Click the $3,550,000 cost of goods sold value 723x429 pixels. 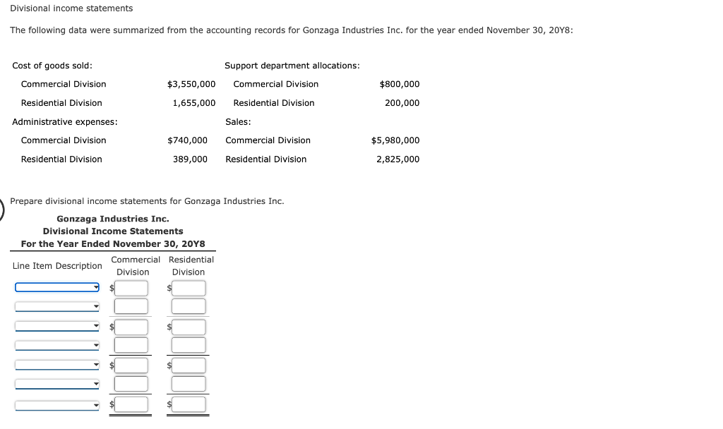click(191, 84)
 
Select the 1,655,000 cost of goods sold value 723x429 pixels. click(193, 103)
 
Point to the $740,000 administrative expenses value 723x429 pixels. click(187, 140)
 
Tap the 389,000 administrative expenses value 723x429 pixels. click(190, 159)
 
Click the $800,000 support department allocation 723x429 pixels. click(399, 84)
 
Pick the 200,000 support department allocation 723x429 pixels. click(402, 103)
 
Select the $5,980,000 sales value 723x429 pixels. click(395, 140)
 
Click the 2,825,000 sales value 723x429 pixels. click(398, 159)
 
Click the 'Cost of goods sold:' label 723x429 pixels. click(52, 66)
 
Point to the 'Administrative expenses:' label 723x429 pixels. click(65, 121)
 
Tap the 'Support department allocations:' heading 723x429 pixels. click(292, 66)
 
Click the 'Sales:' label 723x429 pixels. click(238, 121)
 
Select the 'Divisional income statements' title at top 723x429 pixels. click(71, 8)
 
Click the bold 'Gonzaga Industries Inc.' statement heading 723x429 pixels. click(113, 219)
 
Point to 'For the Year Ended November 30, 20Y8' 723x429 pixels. click(113, 244)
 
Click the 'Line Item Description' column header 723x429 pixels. click(57, 266)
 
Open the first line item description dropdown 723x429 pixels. click(57, 287)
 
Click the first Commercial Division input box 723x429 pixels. click(132, 288)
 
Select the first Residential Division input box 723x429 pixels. click(189, 288)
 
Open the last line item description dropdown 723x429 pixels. click(57, 406)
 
